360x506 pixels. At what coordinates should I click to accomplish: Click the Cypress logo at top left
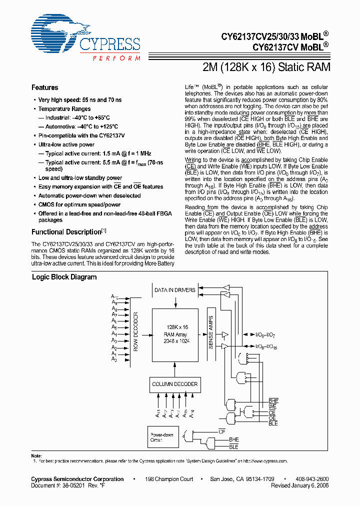tap(85, 38)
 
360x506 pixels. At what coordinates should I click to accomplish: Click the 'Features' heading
tap(44, 87)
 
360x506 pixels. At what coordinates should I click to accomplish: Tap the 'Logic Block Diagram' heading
tap(64, 277)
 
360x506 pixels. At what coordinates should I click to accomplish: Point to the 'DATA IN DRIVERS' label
tap(174, 290)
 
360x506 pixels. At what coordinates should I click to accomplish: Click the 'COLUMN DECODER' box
tap(175, 384)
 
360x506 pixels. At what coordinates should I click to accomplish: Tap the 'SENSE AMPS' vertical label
tap(210, 332)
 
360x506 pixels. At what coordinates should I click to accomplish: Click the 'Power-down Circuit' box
tap(162, 437)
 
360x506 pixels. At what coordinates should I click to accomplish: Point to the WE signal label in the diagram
tap(272, 407)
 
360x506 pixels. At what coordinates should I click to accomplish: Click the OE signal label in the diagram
tap(272, 418)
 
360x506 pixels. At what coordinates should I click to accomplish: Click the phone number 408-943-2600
tap(311, 479)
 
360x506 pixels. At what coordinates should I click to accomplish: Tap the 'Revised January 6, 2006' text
tap(299, 485)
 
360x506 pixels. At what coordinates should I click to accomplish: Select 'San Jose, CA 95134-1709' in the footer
tap(241, 479)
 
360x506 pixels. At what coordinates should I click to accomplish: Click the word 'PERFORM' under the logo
tap(116, 58)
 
